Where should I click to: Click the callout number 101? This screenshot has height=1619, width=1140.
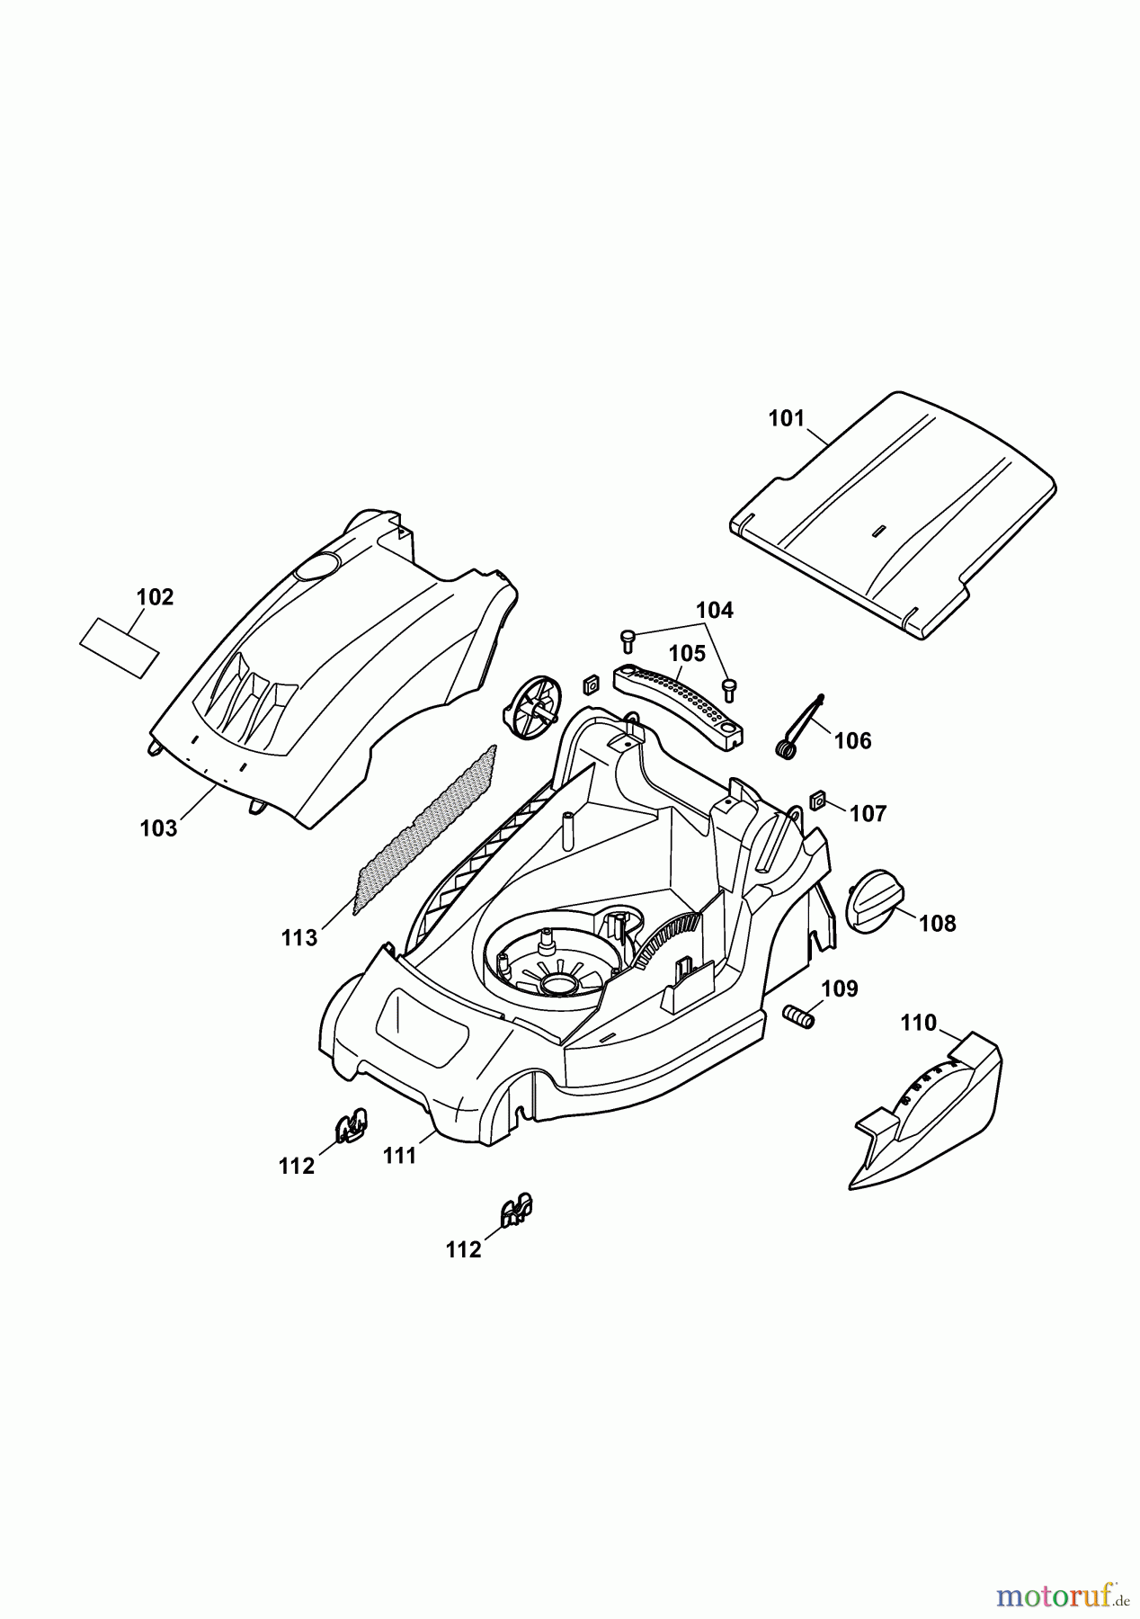click(x=786, y=419)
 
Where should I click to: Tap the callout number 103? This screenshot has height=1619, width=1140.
click(x=159, y=828)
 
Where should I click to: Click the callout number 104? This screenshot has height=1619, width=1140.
click(x=715, y=610)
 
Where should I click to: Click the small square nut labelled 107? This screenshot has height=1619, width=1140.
click(x=818, y=799)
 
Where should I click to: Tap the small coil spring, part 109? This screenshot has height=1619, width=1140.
click(x=798, y=1017)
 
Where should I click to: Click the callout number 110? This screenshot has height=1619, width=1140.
click(x=918, y=1023)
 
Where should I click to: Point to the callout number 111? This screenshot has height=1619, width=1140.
click(x=400, y=1156)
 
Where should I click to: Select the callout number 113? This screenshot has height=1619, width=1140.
click(x=299, y=938)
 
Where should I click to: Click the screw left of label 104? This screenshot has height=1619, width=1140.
click(x=628, y=641)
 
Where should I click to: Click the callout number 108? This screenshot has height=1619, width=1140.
click(x=938, y=924)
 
